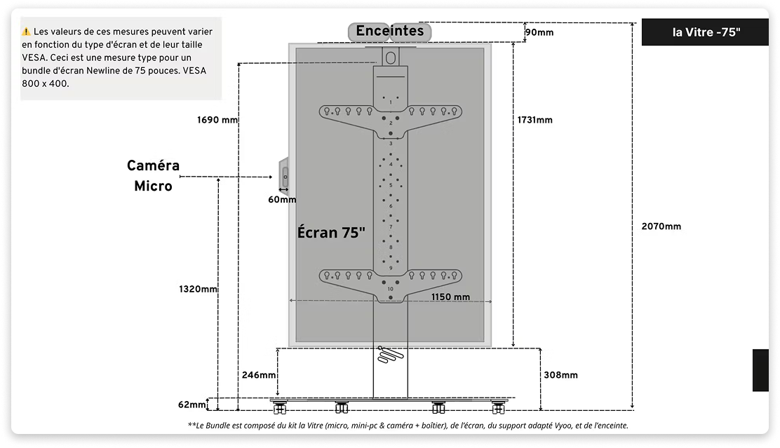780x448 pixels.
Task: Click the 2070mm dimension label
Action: tap(661, 226)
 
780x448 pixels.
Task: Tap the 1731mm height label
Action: tap(534, 120)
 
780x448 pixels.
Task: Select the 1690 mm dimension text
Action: tap(217, 120)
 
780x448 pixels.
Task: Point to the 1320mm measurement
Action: tap(198, 289)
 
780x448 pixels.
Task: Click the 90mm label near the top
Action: tap(539, 32)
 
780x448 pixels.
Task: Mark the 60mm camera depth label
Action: tap(282, 199)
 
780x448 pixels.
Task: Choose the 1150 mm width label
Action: tap(450, 297)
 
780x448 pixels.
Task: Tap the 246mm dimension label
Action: tap(259, 375)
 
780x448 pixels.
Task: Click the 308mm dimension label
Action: tap(560, 375)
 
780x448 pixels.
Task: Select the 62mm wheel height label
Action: tap(192, 405)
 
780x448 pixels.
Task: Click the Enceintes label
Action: tap(390, 31)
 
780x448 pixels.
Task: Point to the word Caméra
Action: tap(153, 165)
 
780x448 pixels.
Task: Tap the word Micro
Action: tap(153, 186)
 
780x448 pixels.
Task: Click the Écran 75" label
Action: tap(331, 232)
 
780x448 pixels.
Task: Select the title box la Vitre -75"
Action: tap(706, 32)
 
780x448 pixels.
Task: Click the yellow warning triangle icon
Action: tap(26, 32)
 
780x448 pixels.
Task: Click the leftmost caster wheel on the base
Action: tap(280, 408)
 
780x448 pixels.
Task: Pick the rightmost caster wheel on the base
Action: tap(499, 408)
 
